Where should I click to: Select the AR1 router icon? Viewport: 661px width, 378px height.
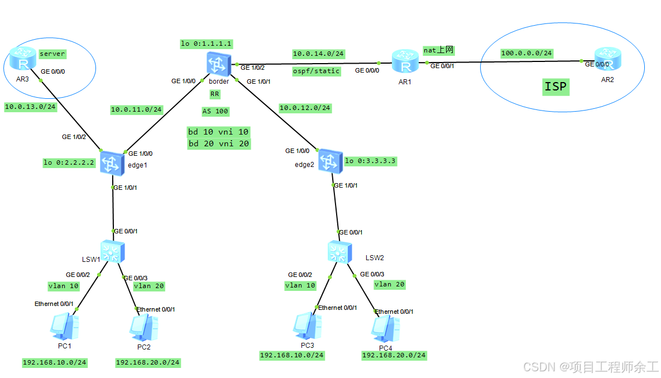(x=405, y=61)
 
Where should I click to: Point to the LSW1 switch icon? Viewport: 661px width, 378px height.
(x=112, y=252)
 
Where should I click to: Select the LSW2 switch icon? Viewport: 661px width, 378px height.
(x=339, y=252)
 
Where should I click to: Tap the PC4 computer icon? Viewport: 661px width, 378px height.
(x=385, y=328)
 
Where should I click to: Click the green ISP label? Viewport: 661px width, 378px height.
(x=555, y=87)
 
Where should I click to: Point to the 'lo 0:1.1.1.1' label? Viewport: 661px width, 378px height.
(x=207, y=44)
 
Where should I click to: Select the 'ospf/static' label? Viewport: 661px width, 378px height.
(x=316, y=71)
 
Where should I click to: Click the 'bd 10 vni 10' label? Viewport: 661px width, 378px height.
(x=218, y=132)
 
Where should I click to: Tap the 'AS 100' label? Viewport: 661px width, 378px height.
(x=215, y=111)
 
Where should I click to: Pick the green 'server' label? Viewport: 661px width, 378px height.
(x=52, y=54)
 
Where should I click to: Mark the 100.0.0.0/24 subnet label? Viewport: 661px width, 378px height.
(x=526, y=53)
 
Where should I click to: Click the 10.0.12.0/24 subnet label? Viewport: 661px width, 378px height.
(x=305, y=108)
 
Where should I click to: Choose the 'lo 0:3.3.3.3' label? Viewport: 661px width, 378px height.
(x=371, y=161)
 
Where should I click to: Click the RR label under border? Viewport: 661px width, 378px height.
(x=215, y=94)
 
